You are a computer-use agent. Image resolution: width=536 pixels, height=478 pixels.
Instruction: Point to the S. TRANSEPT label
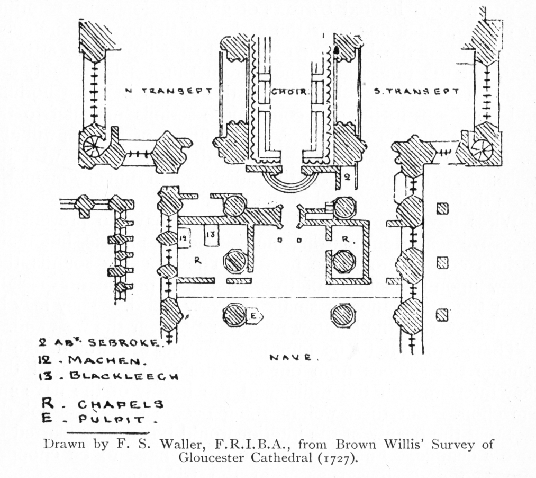416,91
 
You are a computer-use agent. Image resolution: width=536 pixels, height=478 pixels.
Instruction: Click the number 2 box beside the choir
347,178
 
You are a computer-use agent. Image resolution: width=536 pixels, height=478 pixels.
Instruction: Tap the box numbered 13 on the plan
210,235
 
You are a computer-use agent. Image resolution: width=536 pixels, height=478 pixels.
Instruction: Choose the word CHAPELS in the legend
121,404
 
